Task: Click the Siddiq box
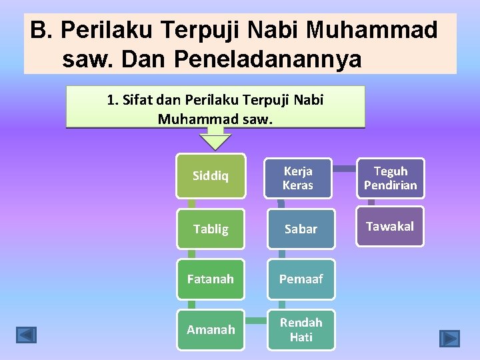(210, 177)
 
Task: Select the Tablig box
(210, 229)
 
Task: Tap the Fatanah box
(210, 279)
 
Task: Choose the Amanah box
(210, 329)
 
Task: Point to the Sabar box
(300, 229)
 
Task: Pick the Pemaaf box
(300, 279)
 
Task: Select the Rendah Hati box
(300, 329)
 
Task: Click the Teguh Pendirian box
(390, 177)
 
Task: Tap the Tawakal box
(390, 227)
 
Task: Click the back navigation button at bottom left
(27, 334)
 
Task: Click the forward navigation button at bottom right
(449, 339)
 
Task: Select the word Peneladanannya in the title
(267, 59)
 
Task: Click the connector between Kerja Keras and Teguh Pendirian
(344, 169)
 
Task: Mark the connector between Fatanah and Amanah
(191, 304)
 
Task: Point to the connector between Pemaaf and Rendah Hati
(283, 304)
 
